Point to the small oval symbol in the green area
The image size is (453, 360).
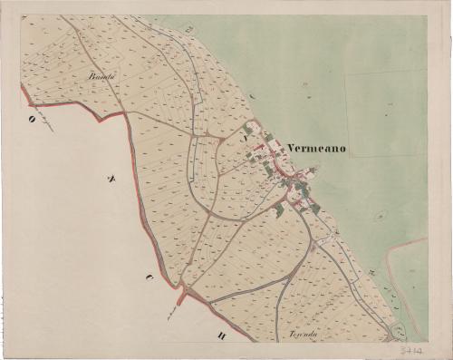[x=381, y=216]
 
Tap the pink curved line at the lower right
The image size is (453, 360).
[x=390, y=272]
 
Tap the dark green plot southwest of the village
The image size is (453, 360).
[x=279, y=209]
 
